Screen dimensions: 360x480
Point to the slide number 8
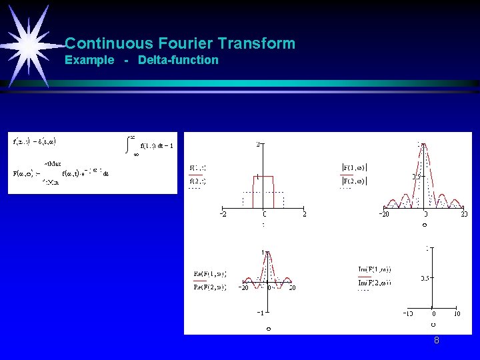click(436, 340)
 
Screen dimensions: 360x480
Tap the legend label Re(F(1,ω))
click(209, 274)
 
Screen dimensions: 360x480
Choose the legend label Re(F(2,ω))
click(209, 287)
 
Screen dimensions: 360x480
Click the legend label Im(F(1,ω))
click(374, 269)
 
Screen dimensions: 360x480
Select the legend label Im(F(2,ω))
click(374, 283)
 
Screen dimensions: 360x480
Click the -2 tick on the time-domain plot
click(223, 214)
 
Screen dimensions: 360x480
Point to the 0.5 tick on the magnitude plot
click(414, 176)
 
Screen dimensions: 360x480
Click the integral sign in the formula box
click(129, 145)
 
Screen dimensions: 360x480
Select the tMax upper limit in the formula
click(53, 163)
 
